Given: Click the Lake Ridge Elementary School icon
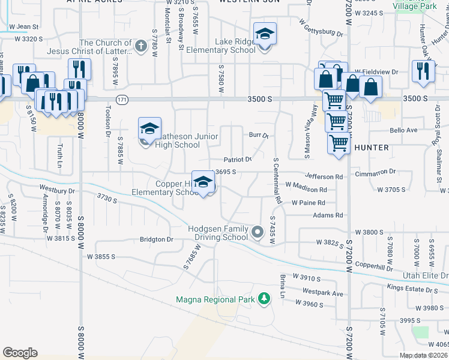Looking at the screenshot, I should [264, 35].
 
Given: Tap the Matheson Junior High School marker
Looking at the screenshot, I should [149, 129].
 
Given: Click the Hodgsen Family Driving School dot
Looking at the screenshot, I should [258, 232].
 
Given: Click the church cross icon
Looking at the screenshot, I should [140, 46].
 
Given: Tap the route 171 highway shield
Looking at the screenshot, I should [122, 99].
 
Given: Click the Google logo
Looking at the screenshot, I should [20, 353].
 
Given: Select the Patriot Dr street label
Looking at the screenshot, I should [237, 160].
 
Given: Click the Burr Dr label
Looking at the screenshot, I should [259, 136].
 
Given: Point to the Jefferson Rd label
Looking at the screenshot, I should [324, 177].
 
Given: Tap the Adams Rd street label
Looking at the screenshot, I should [328, 215].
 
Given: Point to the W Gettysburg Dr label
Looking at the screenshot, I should [318, 31].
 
